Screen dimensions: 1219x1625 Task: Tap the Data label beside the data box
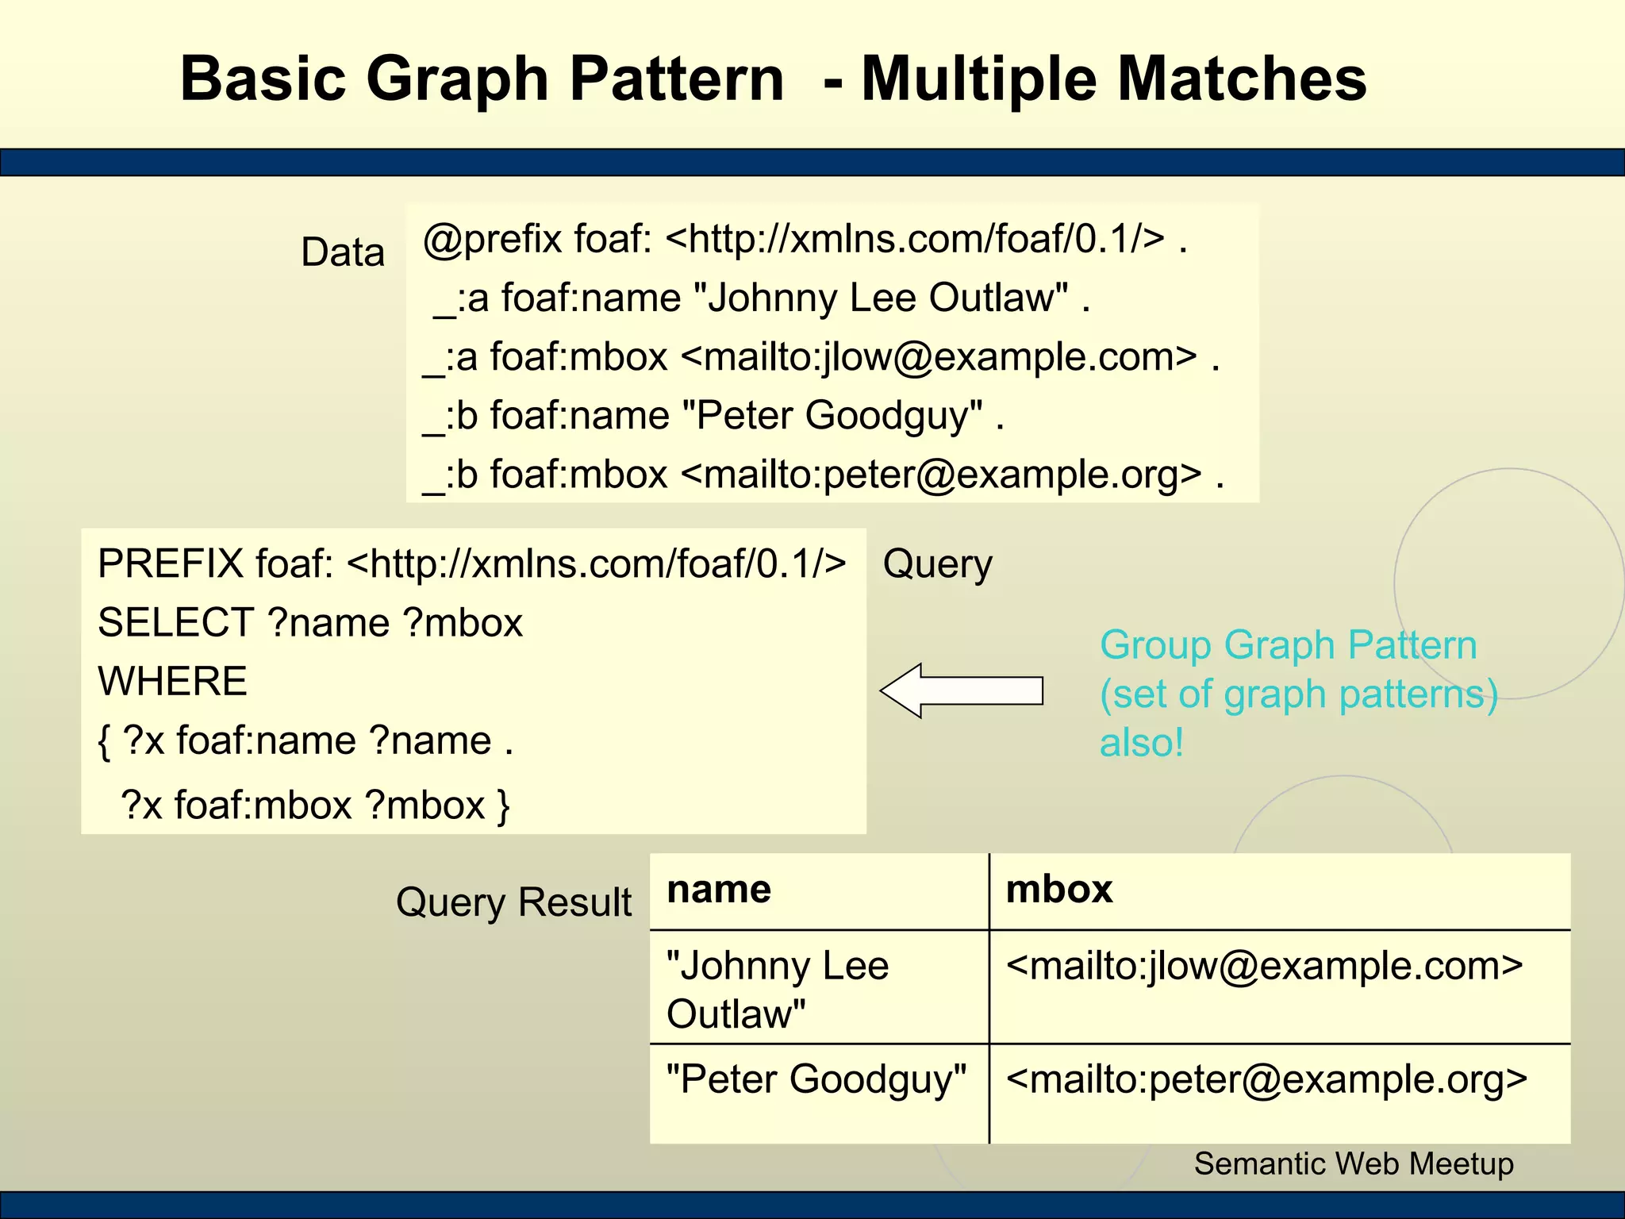343,252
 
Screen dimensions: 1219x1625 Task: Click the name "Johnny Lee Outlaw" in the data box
881,298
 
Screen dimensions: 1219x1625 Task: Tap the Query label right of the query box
937,564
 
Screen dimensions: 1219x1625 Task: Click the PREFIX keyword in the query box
170,564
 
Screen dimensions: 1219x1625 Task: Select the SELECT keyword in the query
175,623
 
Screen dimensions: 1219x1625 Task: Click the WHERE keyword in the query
172,682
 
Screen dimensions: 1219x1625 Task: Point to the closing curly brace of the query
503,806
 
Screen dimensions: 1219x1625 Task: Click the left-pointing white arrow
962,690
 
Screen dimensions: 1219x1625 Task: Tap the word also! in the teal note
1141,744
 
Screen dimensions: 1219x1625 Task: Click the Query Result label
513,902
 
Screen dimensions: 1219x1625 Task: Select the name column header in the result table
719,890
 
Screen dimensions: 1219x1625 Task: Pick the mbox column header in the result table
1058,890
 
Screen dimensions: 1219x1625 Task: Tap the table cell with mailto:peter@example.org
1266,1080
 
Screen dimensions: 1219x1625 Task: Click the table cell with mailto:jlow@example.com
1264,967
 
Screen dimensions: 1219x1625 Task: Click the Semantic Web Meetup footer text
1354,1164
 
